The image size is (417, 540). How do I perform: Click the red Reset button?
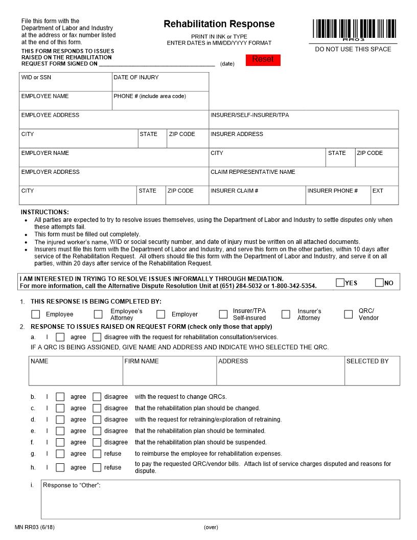tap(263, 60)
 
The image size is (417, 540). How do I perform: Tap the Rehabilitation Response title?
tap(219, 24)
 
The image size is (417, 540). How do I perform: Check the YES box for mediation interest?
tap(340, 282)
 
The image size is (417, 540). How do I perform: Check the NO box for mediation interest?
tap(379, 282)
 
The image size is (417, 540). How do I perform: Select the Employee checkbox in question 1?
tap(36, 314)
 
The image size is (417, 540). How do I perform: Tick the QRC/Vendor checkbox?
tap(349, 314)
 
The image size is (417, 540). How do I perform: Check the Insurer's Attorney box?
tap(286, 314)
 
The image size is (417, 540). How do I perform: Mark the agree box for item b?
tap(60, 396)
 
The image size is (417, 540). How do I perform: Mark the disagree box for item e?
tap(97, 431)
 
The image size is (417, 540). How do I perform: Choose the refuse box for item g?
tap(97, 453)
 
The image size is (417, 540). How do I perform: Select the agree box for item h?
tap(60, 467)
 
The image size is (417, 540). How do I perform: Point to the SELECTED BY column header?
tap(367, 361)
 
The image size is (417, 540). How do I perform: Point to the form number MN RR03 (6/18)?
tap(35, 527)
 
